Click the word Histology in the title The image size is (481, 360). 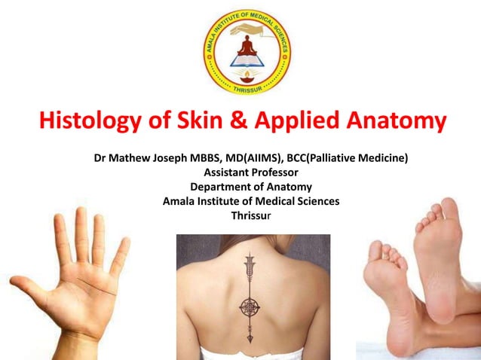(x=88, y=121)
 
